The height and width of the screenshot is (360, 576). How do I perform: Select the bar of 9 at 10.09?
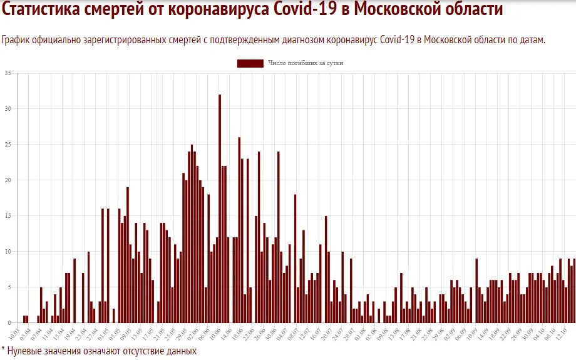click(x=476, y=291)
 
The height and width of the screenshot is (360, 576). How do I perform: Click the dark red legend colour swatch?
click(x=250, y=63)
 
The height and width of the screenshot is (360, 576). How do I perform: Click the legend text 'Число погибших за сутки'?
click(x=306, y=63)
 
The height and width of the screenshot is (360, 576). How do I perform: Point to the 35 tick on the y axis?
click(x=8, y=73)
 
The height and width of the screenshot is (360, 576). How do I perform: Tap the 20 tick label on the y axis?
click(x=8, y=180)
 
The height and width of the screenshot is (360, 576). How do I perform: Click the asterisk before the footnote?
click(x=3, y=350)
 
